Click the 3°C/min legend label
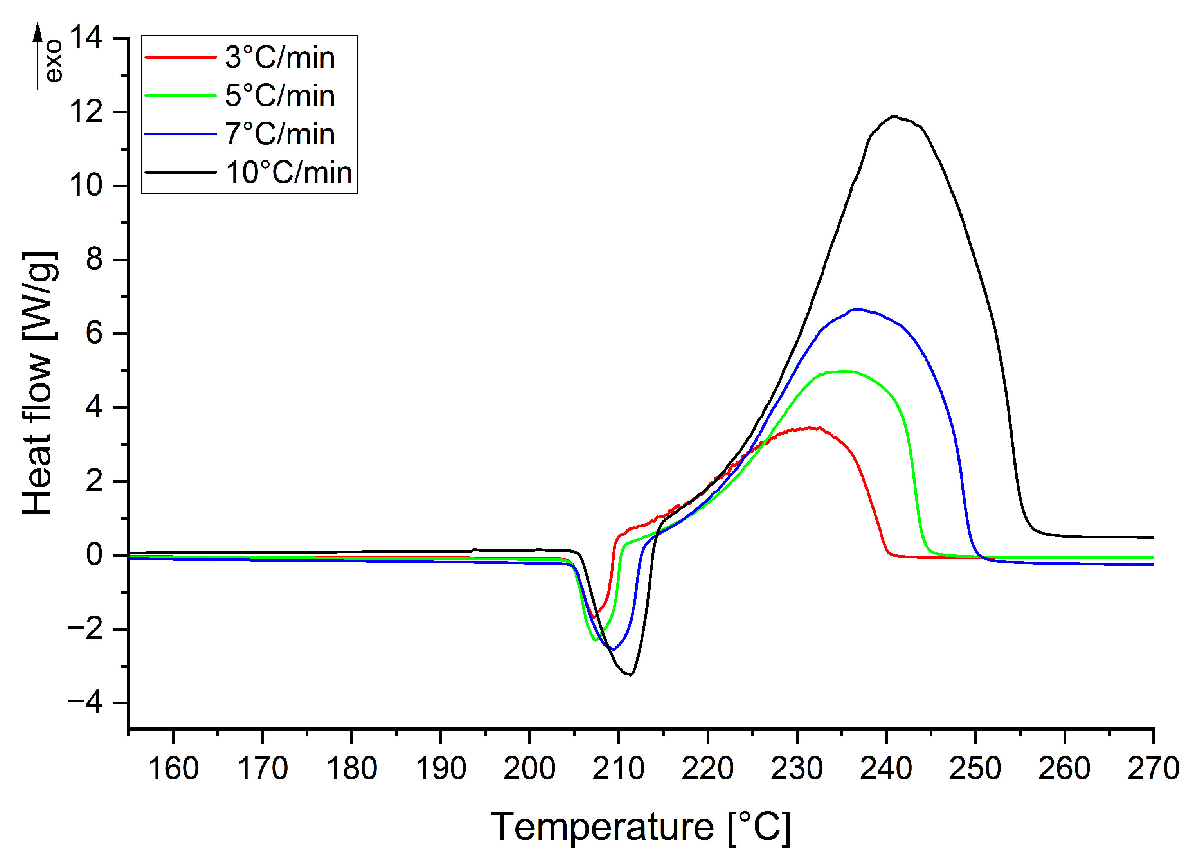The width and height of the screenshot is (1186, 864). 280,58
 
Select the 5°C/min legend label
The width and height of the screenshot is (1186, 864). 280,96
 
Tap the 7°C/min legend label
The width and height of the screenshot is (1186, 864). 280,134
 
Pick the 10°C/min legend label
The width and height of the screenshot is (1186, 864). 289,173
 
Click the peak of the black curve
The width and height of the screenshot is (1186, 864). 895,116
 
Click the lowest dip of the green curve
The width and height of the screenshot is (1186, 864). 596,640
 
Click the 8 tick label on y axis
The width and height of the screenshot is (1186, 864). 94,260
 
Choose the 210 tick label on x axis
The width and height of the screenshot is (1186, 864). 619,768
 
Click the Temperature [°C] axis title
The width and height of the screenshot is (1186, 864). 641,827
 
